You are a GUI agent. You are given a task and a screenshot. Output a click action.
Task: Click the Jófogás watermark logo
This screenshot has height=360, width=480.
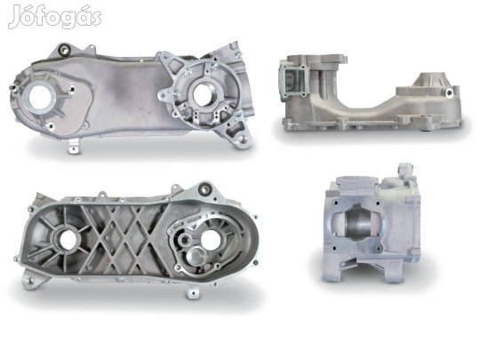click(x=55, y=17)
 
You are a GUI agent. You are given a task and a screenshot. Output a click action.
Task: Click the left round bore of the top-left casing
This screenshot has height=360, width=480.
click(x=39, y=97)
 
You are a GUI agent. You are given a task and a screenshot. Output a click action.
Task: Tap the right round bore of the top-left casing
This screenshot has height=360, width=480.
click(x=202, y=94)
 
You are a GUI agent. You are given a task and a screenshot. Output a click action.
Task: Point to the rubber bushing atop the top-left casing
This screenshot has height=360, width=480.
click(x=66, y=50)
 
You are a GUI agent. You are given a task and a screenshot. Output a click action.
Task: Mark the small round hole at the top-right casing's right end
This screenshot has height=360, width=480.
click(x=449, y=92)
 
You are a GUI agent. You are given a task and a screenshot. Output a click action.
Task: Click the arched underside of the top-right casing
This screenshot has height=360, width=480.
click(x=364, y=102)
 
